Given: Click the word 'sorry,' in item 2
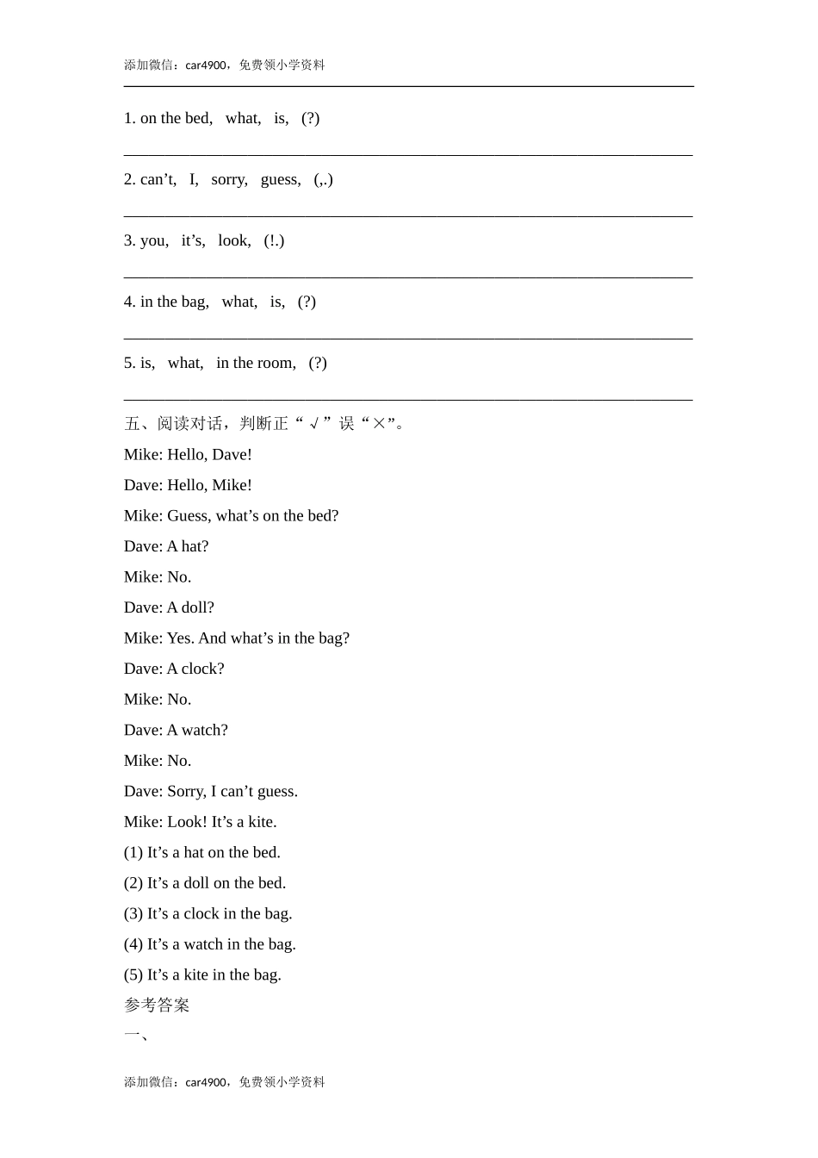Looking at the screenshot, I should (229, 179).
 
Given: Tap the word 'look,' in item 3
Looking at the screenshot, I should (234, 240).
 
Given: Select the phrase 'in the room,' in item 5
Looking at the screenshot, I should (256, 363).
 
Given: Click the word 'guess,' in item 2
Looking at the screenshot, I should (281, 179).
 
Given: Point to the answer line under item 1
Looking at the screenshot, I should (408, 155).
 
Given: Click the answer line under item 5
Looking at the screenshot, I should (408, 400).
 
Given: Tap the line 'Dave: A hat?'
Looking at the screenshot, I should (166, 546).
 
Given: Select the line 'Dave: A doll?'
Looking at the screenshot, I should (169, 607).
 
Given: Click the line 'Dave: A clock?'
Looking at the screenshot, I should (174, 669).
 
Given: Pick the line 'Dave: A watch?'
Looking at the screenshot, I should (176, 730).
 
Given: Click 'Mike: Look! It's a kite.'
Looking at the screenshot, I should (200, 822).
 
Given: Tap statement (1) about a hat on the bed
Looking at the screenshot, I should (201, 852).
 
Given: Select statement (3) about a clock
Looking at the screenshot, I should (208, 913).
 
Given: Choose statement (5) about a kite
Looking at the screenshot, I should (202, 974).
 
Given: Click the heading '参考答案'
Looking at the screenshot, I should (157, 1005).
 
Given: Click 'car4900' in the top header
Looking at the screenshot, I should (206, 65).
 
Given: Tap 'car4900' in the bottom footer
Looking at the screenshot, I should (206, 1082).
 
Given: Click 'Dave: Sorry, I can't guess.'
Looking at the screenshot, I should (211, 791).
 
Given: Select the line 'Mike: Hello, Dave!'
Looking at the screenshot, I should (188, 454).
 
